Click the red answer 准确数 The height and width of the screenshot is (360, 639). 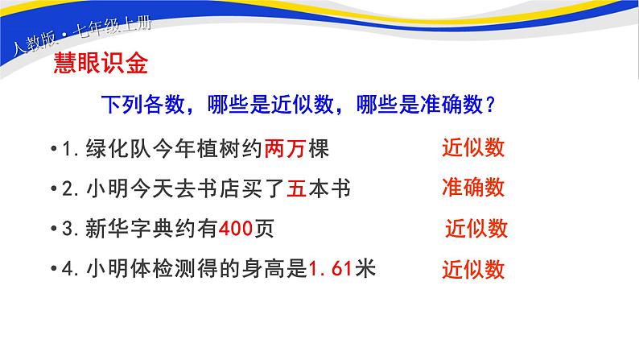(x=473, y=188)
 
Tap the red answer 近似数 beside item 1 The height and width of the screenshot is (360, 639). (x=473, y=148)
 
